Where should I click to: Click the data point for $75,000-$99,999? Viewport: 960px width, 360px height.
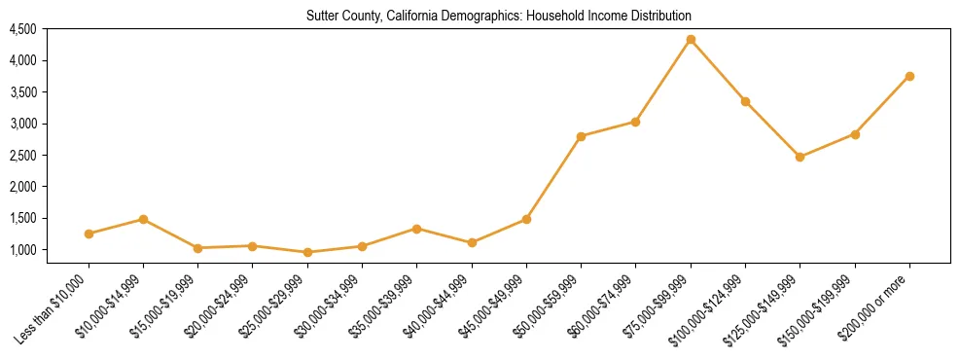(691, 40)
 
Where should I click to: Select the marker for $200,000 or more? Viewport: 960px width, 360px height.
(909, 76)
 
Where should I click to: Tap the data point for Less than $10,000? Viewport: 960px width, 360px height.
(89, 234)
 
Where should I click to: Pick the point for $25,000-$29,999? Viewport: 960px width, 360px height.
(307, 252)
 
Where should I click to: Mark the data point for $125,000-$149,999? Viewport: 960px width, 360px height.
(800, 157)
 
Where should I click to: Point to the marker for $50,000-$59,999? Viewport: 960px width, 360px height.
(581, 136)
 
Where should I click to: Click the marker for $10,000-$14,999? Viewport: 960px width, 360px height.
(143, 219)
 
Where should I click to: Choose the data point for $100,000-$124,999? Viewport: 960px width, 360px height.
(745, 101)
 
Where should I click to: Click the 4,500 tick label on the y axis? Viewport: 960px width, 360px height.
(22, 29)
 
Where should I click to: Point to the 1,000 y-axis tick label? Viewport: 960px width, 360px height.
(22, 250)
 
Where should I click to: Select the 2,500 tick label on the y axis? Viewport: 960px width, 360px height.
(22, 156)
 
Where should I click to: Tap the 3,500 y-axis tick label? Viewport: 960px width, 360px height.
(22, 92)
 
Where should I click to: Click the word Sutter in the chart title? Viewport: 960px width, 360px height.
(324, 17)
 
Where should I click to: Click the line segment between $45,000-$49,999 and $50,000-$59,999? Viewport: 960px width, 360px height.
(553, 178)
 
